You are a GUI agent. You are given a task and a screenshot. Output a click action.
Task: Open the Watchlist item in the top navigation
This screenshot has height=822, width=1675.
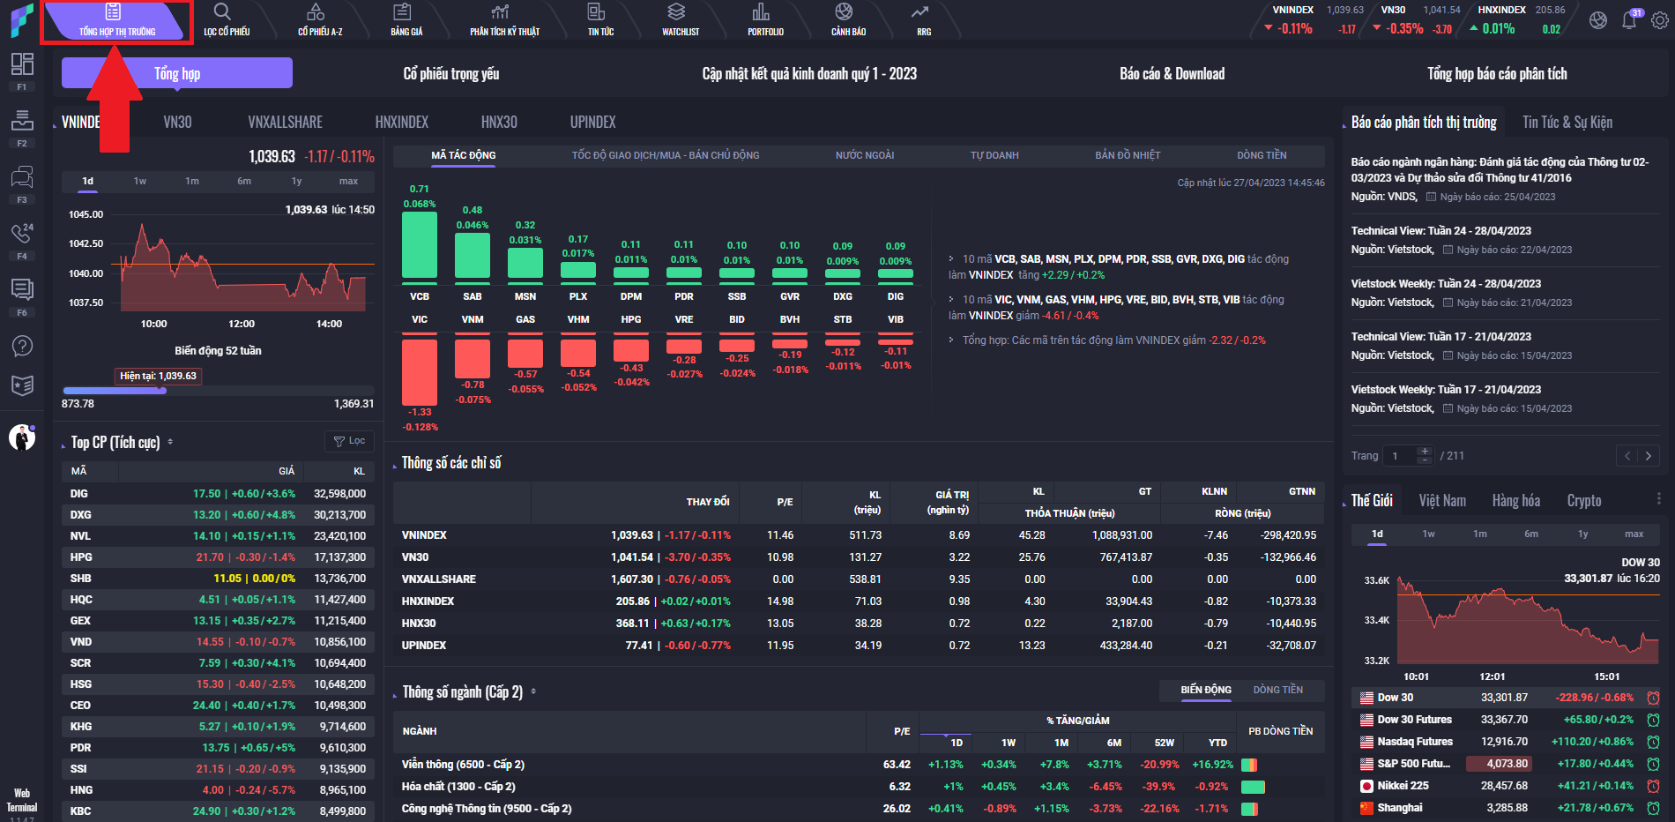tap(680, 19)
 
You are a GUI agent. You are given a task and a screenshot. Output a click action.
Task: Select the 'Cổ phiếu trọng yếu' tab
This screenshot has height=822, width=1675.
tap(450, 74)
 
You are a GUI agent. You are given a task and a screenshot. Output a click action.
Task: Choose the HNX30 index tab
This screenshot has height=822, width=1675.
tap(499, 123)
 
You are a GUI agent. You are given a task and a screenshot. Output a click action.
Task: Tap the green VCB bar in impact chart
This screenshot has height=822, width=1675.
tap(420, 245)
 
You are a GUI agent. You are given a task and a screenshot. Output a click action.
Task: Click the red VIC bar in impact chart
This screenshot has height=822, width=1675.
tap(420, 371)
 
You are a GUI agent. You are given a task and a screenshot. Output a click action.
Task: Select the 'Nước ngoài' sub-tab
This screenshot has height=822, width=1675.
tap(864, 155)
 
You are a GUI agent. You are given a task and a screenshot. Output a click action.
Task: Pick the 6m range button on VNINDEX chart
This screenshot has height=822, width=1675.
tap(244, 182)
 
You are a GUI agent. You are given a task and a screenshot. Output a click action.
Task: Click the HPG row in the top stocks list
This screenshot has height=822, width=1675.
tap(81, 557)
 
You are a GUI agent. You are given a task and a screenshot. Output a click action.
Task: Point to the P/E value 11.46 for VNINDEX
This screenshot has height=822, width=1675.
tap(780, 535)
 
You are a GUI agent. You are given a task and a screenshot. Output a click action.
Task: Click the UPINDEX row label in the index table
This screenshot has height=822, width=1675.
tap(424, 646)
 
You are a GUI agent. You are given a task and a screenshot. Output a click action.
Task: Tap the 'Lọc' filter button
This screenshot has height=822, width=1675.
tap(349, 441)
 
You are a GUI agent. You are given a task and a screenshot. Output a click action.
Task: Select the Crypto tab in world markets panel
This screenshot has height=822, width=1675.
tap(1583, 501)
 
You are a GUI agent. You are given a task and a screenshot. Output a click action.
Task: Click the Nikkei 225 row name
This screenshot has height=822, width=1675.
tap(1403, 786)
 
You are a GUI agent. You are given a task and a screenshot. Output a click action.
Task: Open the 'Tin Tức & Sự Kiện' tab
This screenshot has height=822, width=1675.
tap(1567, 123)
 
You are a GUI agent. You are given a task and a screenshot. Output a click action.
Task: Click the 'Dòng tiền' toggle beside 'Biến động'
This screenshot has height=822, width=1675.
tap(1277, 690)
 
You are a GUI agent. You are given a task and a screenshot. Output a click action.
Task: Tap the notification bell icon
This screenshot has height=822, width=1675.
tap(1628, 20)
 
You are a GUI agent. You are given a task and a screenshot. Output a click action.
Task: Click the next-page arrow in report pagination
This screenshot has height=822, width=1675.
tap(1648, 456)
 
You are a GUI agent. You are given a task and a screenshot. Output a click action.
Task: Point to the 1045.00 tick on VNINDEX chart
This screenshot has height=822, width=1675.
tap(86, 214)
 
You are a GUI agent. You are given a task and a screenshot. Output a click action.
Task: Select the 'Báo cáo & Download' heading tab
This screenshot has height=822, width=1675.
tap(1172, 74)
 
